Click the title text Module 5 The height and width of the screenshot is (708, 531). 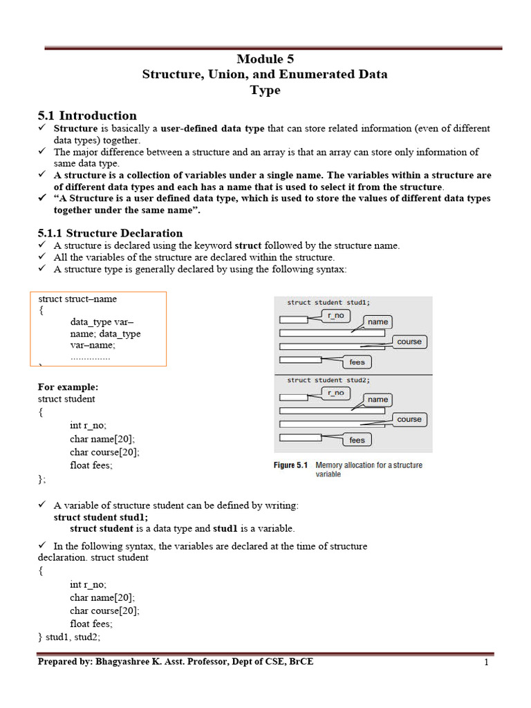(265, 59)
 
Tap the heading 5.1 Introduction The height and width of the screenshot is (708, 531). (87, 115)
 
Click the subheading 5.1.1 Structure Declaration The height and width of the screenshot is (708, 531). (110, 233)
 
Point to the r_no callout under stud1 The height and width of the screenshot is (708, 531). (335, 315)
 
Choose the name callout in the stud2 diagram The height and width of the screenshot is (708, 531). (378, 400)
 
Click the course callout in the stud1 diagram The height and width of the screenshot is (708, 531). (409, 342)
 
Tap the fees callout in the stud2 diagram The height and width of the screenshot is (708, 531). (357, 440)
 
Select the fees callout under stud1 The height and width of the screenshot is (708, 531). (357, 362)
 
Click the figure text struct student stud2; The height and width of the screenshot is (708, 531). (328, 380)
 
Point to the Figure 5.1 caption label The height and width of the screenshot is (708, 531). (290, 465)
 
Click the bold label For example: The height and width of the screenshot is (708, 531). (68, 386)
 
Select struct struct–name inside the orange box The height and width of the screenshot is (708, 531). (77, 299)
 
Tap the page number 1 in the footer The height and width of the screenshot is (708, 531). (487, 662)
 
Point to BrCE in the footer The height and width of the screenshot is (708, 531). (300, 662)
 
